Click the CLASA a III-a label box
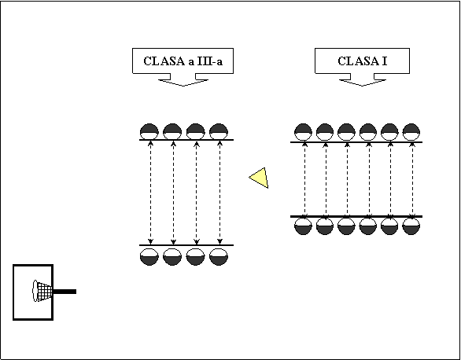click(183, 61)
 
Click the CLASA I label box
click(362, 61)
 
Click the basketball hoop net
click(42, 291)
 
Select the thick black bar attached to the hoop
click(65, 292)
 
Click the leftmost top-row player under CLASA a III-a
click(149, 131)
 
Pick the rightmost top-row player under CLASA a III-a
click(219, 131)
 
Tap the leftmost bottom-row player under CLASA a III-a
click(149, 257)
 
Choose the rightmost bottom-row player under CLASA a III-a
click(219, 257)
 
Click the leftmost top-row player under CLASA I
click(303, 132)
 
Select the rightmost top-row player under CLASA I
click(411, 132)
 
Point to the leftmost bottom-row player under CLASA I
click(303, 226)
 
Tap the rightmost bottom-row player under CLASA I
click(411, 226)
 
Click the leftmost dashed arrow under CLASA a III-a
click(150, 193)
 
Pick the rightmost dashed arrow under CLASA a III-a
click(220, 193)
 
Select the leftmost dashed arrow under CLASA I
click(304, 180)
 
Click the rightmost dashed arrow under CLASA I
click(412, 180)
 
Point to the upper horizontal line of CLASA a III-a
click(186, 140)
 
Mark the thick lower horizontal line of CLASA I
click(356, 216)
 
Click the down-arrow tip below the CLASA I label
click(362, 86)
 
